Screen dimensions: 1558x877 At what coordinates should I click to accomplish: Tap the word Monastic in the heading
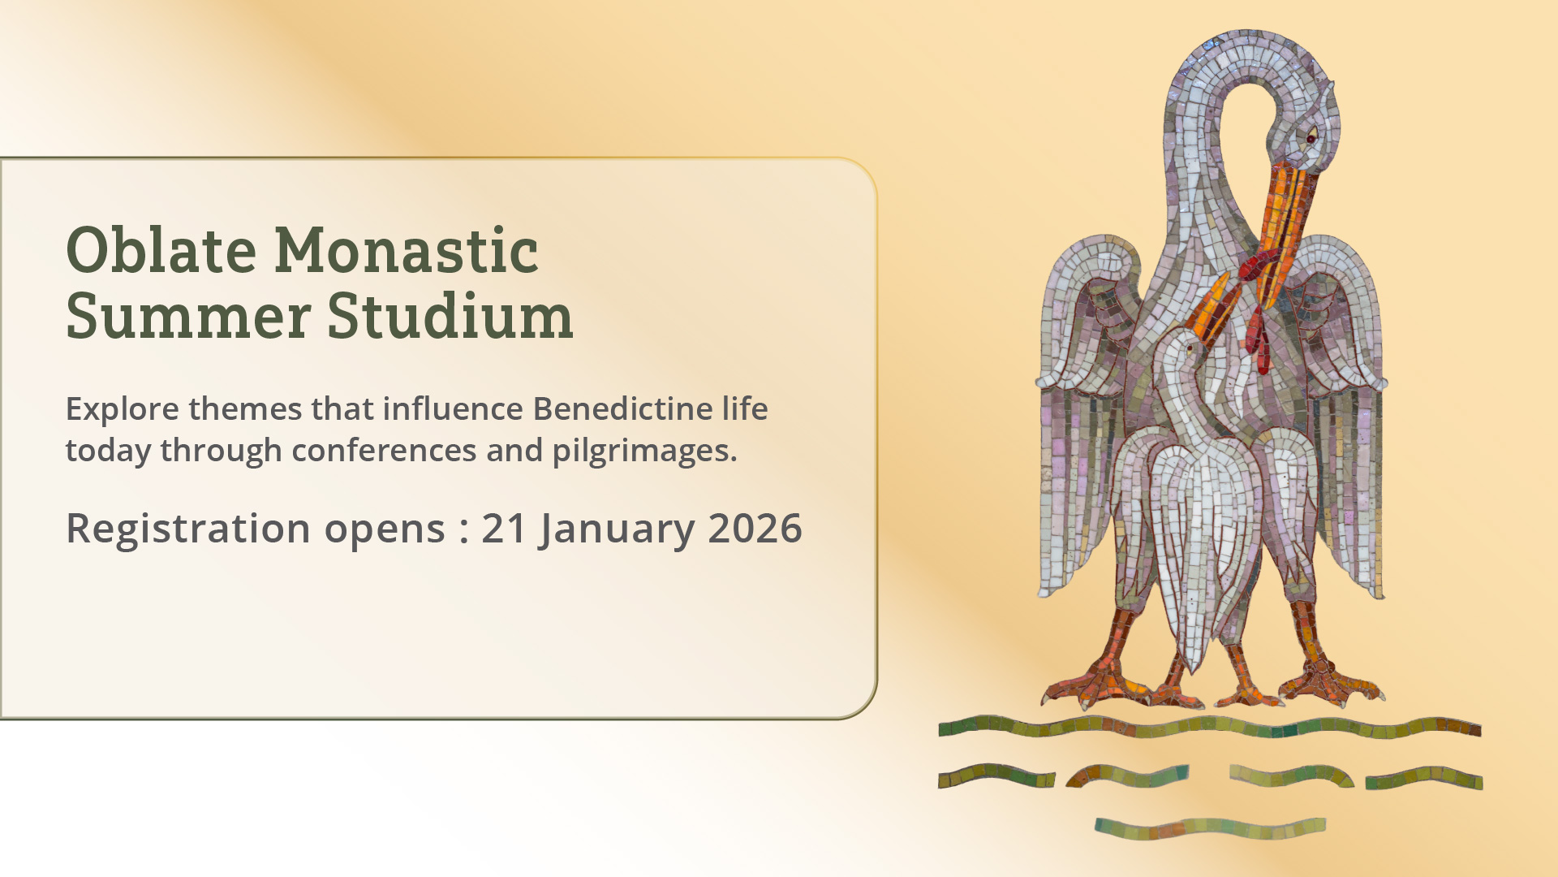(407, 249)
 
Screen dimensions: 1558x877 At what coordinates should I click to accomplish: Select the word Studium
(450, 315)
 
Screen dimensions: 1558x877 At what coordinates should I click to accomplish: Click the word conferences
(384, 451)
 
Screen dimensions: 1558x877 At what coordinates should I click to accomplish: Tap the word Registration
(188, 529)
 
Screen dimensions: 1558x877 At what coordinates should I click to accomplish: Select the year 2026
(755, 529)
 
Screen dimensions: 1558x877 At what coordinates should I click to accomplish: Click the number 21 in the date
(505, 529)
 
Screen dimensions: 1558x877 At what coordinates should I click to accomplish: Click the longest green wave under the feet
(1210, 726)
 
